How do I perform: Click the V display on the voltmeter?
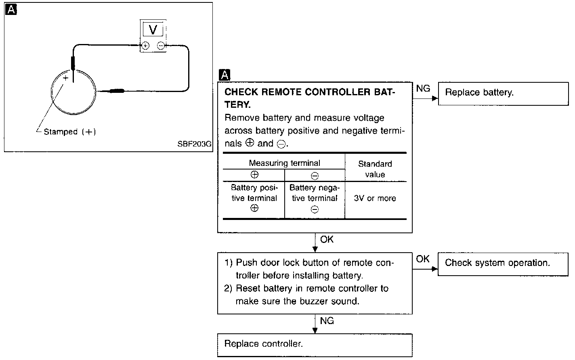[153, 29]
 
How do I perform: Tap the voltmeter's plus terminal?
[145, 46]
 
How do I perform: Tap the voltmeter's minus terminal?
[161, 46]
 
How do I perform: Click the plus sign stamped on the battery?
[66, 78]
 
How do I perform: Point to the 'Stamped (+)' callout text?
[70, 132]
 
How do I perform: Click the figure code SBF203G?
[194, 144]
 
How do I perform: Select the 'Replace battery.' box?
[503, 94]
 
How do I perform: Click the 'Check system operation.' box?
[503, 264]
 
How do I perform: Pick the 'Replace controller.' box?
[315, 345]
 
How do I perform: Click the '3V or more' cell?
[375, 198]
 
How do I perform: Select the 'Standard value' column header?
[375, 169]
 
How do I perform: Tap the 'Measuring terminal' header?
[284, 163]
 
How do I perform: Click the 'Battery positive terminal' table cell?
[254, 198]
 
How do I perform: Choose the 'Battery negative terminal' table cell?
[315, 198]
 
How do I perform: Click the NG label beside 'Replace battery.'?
[423, 88]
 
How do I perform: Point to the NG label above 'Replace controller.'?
[327, 321]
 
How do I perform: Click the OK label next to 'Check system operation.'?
[422, 259]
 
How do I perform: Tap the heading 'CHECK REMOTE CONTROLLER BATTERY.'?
[310, 98]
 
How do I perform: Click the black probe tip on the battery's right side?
[117, 91]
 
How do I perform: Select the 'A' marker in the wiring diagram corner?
[11, 10]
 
